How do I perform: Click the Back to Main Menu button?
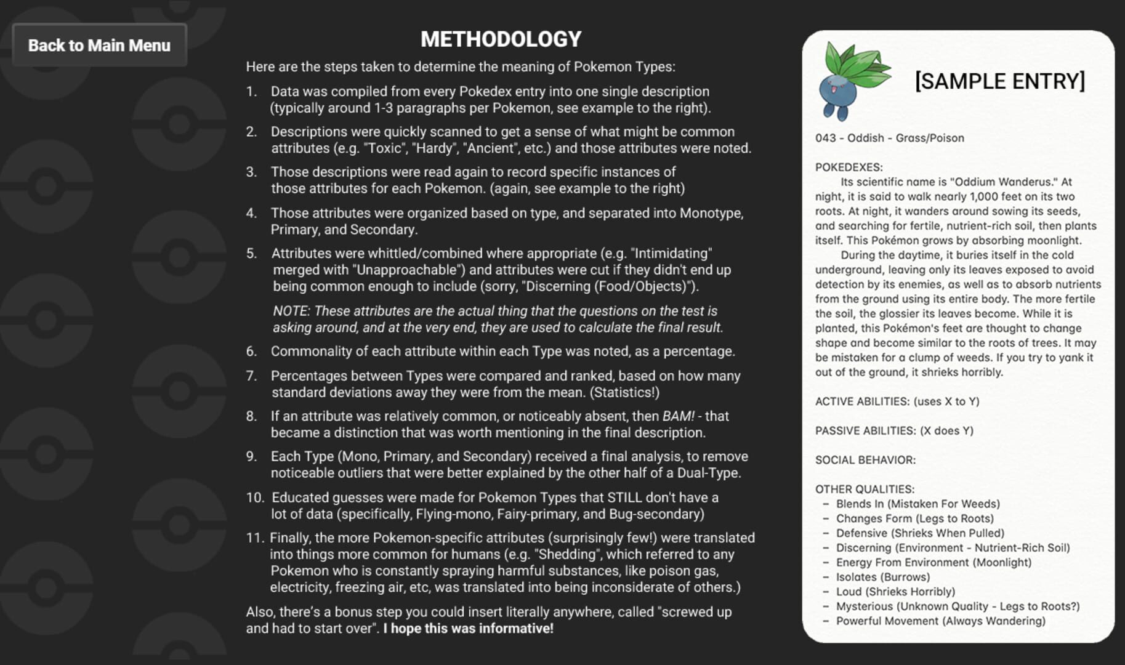(99, 45)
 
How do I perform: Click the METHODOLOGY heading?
(501, 39)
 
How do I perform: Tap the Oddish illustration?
(852, 81)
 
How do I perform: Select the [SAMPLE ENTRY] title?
(999, 81)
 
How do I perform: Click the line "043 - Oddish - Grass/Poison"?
(889, 138)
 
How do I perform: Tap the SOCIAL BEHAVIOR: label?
(865, 460)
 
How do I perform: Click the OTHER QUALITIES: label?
(865, 489)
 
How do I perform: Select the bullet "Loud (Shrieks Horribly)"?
(895, 592)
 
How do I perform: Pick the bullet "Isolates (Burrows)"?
(882, 577)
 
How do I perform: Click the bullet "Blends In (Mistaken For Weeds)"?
(917, 504)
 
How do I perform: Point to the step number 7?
(251, 376)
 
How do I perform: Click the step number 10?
(254, 498)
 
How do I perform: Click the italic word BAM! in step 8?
(678, 416)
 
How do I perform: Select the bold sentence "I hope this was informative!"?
(468, 629)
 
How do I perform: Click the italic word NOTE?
(291, 311)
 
